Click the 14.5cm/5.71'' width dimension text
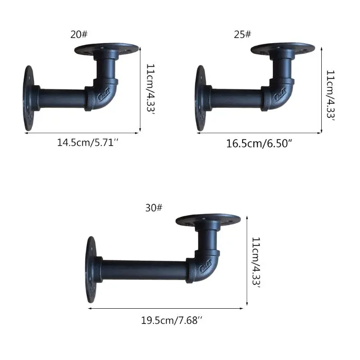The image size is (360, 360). (x=88, y=143)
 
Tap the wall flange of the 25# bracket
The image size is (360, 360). (x=200, y=99)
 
